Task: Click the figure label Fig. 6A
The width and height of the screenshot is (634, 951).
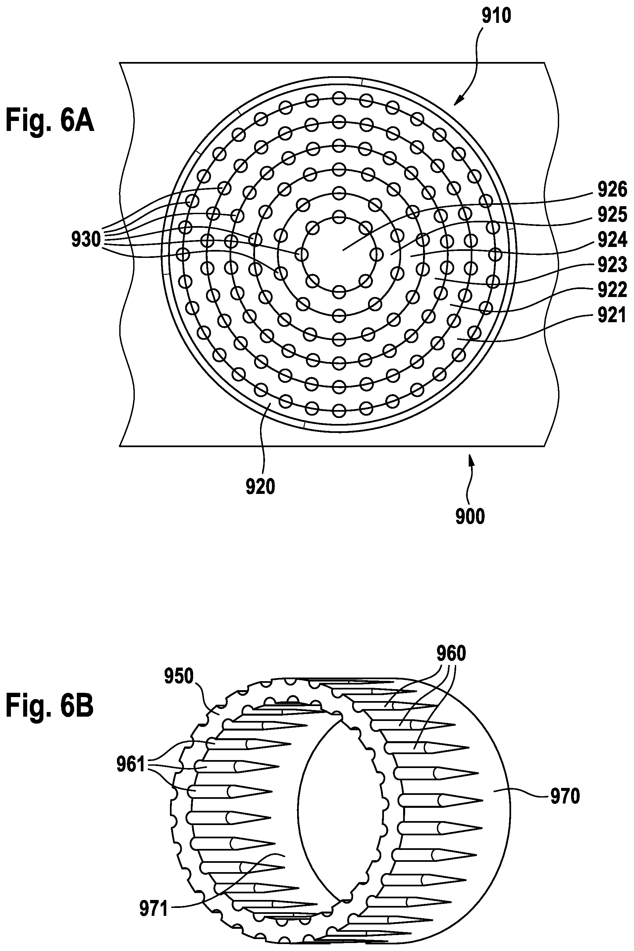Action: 50,121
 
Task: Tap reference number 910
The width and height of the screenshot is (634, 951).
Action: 496,16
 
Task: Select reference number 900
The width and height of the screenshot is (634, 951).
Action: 470,517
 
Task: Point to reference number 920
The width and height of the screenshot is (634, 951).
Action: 260,487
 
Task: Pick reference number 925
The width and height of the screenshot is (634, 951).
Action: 612,215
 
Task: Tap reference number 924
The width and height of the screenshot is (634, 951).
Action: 612,240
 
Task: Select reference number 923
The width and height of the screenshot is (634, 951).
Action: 612,265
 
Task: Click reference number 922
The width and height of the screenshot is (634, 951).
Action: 612,290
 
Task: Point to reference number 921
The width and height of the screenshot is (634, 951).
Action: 612,315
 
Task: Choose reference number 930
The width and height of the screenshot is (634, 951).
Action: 86,240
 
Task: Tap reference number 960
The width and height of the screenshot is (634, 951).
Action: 451,653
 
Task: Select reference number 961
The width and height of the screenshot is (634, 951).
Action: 131,765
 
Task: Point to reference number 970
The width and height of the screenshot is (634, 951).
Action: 565,796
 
